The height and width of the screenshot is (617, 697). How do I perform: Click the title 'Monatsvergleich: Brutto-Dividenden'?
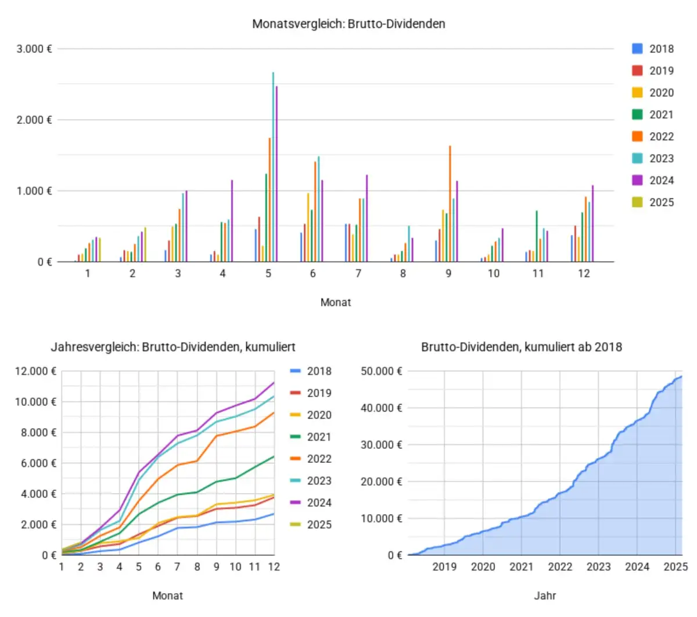point(348,24)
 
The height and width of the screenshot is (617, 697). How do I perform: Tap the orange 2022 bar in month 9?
point(450,204)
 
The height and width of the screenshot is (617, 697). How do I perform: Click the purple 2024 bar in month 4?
point(232,221)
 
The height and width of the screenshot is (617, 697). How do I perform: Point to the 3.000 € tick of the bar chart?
point(34,49)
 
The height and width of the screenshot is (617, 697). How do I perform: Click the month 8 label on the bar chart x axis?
point(403,273)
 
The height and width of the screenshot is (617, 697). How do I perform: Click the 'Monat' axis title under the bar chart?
point(336,302)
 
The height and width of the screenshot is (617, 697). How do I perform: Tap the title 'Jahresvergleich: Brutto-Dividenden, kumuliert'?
point(173,347)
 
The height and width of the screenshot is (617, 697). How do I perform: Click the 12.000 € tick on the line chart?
point(36,371)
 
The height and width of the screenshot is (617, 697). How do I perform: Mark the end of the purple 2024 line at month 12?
point(274,383)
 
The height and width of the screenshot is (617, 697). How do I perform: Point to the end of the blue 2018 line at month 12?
point(274,514)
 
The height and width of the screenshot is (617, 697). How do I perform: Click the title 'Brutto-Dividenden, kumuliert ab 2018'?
point(522,347)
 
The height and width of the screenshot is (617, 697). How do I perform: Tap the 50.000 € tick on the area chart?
point(382,371)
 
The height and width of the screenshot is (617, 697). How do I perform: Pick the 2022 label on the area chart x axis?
point(560,567)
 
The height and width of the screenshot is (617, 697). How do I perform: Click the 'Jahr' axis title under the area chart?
point(545,595)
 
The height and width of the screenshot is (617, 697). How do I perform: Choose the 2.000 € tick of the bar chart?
point(34,120)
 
